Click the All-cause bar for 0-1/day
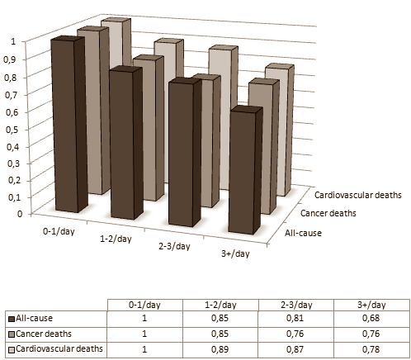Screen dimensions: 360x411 pyautogui.click(x=68, y=124)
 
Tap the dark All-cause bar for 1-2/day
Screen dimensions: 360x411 pyautogui.click(x=126, y=144)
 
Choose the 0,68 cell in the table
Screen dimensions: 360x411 pyautogui.click(x=370, y=319)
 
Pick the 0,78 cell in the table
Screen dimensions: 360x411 pyautogui.click(x=370, y=348)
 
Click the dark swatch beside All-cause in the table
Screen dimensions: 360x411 pyautogui.click(x=11, y=320)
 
